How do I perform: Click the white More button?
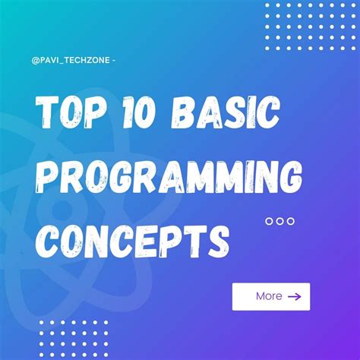[270, 296]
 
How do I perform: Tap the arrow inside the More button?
[294, 296]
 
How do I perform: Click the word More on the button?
[269, 296]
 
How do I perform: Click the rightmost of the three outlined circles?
[290, 221]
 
